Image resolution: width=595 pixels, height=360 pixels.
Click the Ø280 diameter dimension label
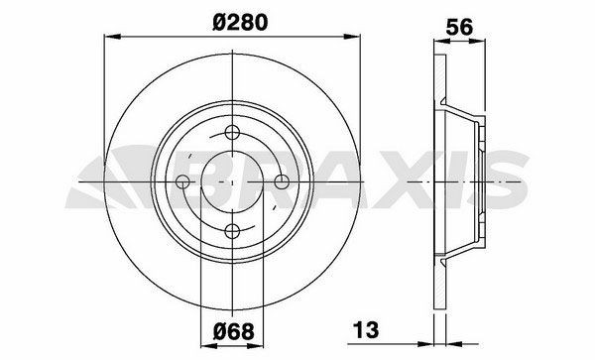coord(240,22)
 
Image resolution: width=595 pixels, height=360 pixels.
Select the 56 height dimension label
coord(459,27)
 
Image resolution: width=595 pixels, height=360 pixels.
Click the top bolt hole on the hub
coord(232,133)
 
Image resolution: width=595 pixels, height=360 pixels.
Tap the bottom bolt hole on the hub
coord(232,230)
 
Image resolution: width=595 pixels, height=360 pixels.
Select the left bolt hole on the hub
coord(183,181)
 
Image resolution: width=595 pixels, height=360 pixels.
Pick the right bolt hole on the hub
coord(282,181)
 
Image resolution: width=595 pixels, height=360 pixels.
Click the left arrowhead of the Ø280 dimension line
coord(112,37)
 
